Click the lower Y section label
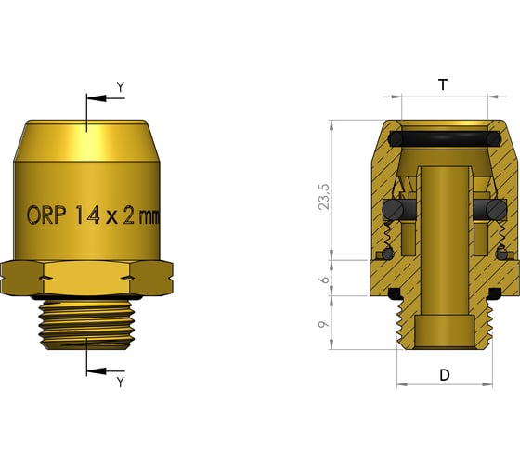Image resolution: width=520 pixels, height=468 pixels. pyautogui.click(x=120, y=382)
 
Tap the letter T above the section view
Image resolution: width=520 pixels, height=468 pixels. pyautogui.click(x=443, y=84)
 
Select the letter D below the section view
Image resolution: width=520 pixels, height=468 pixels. pyautogui.click(x=444, y=375)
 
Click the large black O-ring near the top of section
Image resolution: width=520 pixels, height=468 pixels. pyautogui.click(x=443, y=139)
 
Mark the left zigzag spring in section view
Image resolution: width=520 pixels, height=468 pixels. pyautogui.click(x=397, y=189)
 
